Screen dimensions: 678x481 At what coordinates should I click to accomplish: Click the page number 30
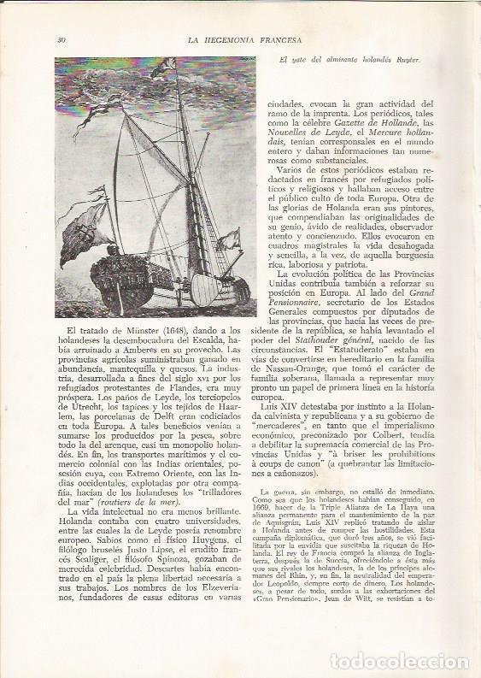pos(62,39)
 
